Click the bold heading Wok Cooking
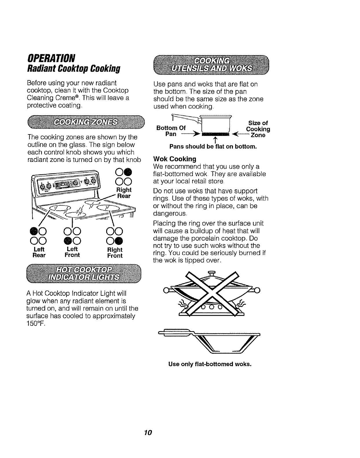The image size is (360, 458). (175, 159)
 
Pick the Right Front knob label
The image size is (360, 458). (115, 252)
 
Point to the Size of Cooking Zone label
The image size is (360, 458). (258, 129)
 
